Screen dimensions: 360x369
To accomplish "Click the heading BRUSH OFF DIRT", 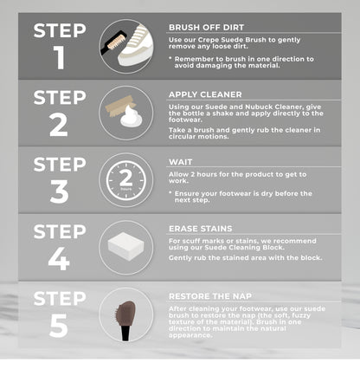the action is (x=206, y=28).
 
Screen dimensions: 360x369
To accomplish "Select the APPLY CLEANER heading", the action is (x=205, y=94).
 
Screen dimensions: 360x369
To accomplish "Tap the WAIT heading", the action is (x=180, y=162).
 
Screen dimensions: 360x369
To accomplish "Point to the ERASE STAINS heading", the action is (x=200, y=229).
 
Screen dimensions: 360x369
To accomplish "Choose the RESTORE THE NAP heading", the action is (x=210, y=296).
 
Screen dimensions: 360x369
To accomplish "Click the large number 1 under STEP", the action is (x=59, y=57).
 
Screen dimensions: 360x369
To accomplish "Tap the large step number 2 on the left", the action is (x=59, y=125).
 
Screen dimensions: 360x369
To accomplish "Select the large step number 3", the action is (x=59, y=191).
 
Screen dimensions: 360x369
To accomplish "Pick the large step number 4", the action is (x=59, y=259).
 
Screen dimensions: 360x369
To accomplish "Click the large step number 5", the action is (x=59, y=326).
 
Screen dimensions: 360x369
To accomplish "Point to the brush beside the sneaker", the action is (x=112, y=42).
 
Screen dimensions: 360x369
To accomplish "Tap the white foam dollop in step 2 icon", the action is (x=131, y=117).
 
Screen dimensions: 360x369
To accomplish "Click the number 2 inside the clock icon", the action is (x=126, y=178).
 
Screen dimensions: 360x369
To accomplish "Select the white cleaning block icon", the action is (x=125, y=247).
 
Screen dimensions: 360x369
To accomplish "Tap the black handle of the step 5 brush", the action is (x=126, y=332).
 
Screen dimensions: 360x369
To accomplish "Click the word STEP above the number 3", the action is (x=60, y=164).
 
